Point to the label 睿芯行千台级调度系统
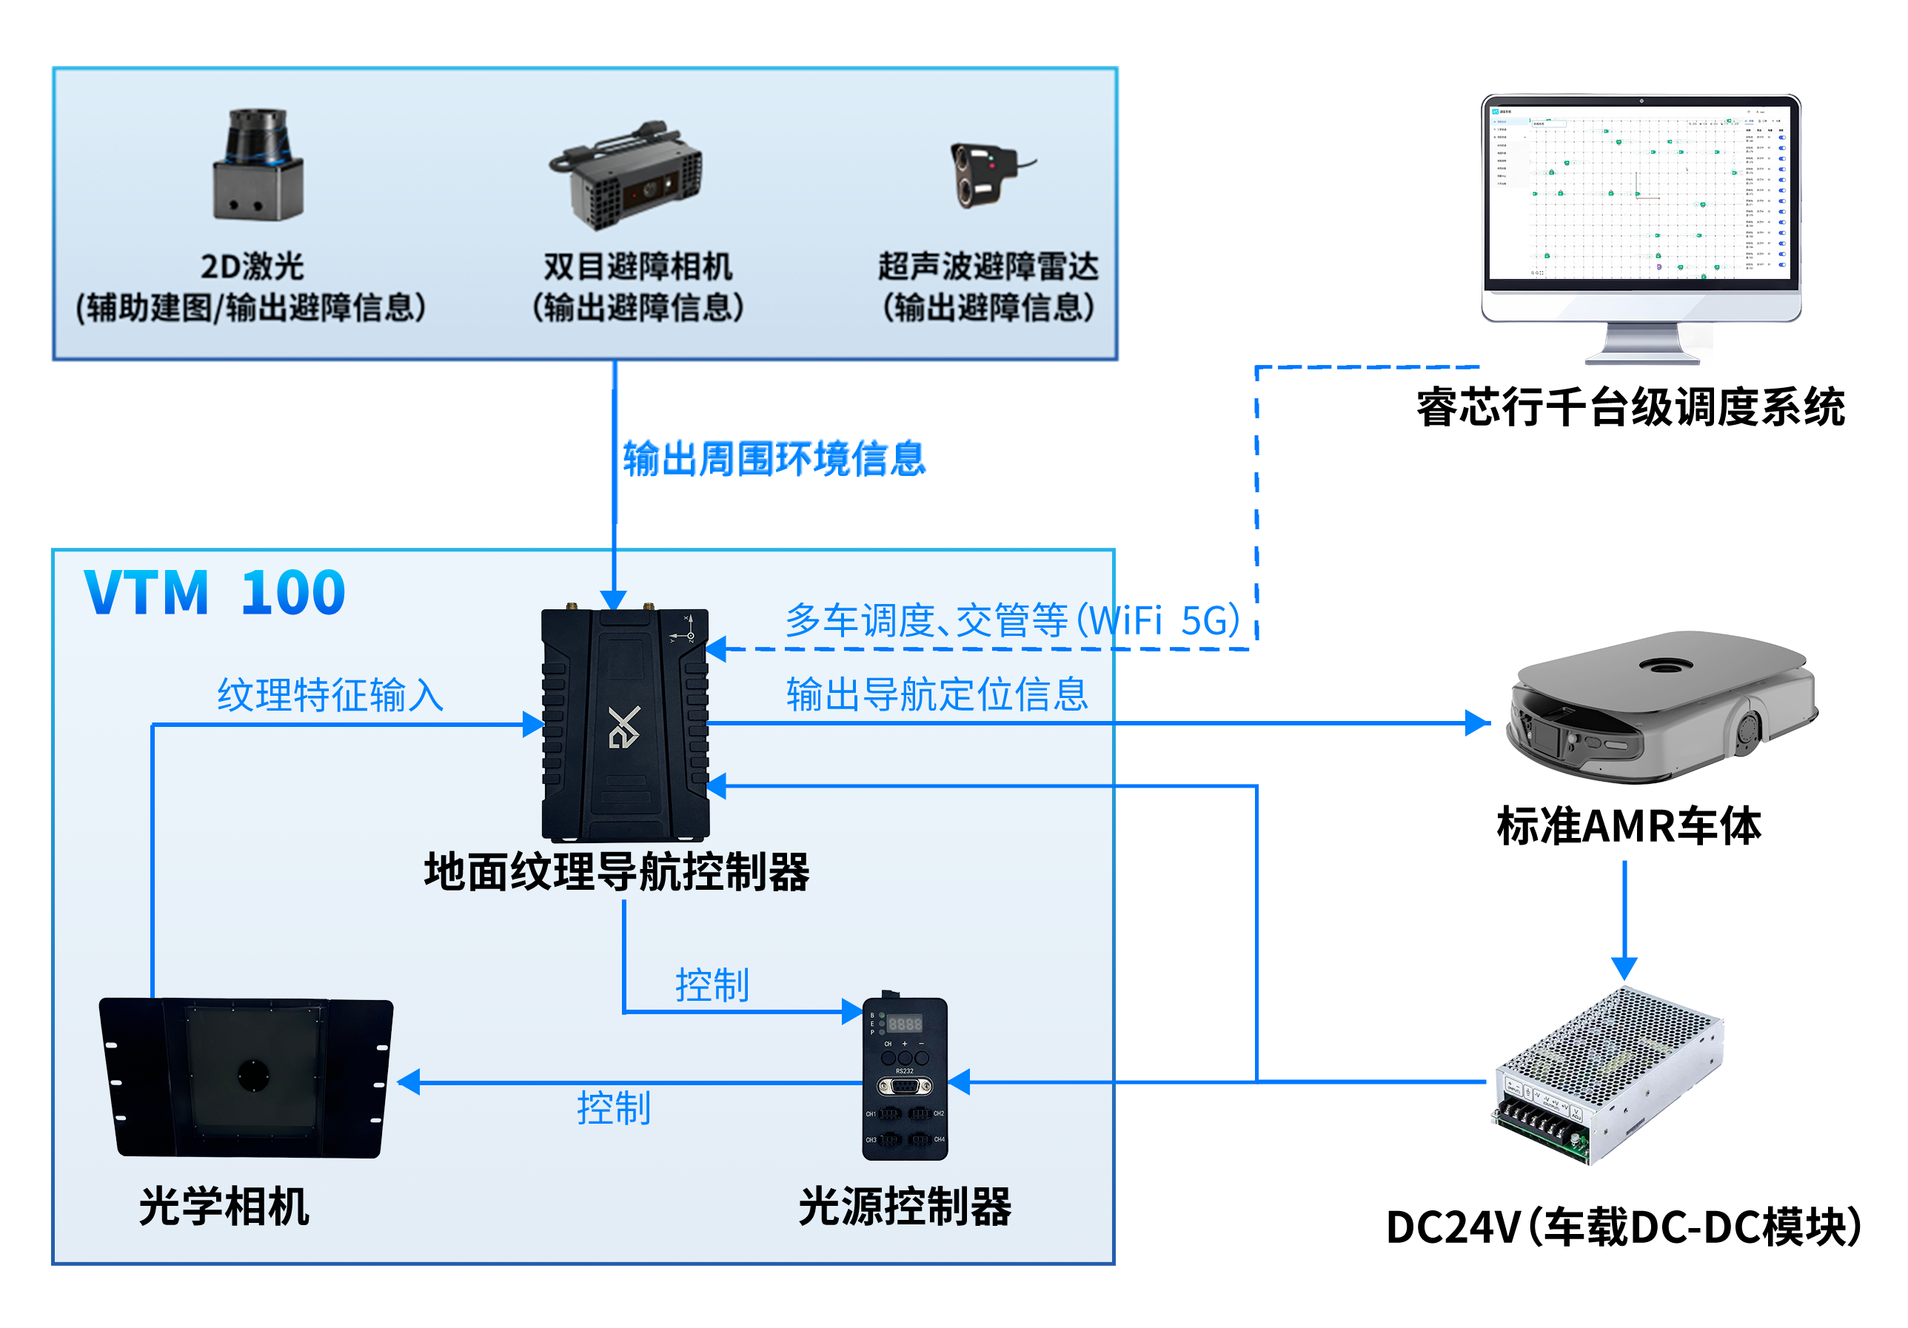click(x=1630, y=407)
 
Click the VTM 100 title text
click(x=215, y=592)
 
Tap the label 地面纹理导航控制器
click(x=617, y=872)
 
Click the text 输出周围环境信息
click(x=774, y=458)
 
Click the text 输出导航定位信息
click(x=937, y=694)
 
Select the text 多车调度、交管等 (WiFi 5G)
click(x=1012, y=620)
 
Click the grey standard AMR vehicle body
click(x=1661, y=707)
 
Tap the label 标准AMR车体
click(x=1628, y=825)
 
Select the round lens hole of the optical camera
click(x=252, y=1076)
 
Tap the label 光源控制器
click(x=904, y=1206)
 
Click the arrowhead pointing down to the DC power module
click(x=1624, y=968)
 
